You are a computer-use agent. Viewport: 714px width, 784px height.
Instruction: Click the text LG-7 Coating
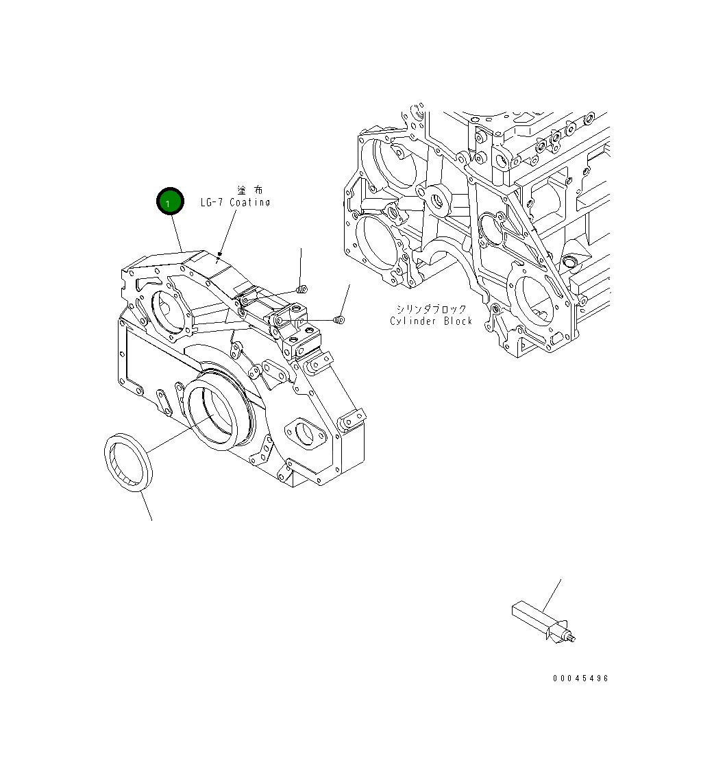click(x=235, y=202)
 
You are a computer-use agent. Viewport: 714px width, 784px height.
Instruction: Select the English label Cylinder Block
click(x=431, y=321)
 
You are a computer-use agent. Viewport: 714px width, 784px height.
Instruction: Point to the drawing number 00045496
click(x=580, y=678)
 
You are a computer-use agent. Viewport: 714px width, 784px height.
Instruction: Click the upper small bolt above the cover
click(x=303, y=288)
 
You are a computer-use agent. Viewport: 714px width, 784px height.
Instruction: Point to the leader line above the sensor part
click(x=552, y=594)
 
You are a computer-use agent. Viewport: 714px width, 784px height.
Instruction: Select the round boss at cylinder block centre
click(x=436, y=203)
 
